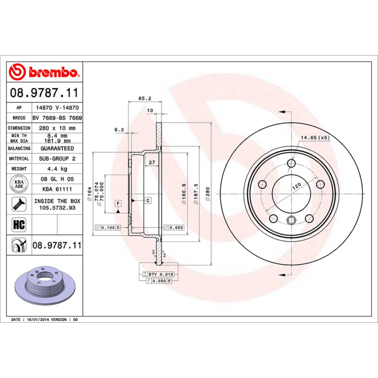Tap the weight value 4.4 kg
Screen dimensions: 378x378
point(57,169)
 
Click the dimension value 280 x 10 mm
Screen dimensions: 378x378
point(57,128)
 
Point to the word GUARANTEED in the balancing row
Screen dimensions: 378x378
point(57,148)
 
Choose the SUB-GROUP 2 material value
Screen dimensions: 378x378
point(57,159)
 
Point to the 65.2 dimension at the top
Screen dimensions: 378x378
point(145,98)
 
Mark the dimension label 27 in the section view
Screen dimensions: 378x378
point(152,163)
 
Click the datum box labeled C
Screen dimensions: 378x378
point(148,201)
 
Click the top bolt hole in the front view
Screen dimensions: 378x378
point(291,164)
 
